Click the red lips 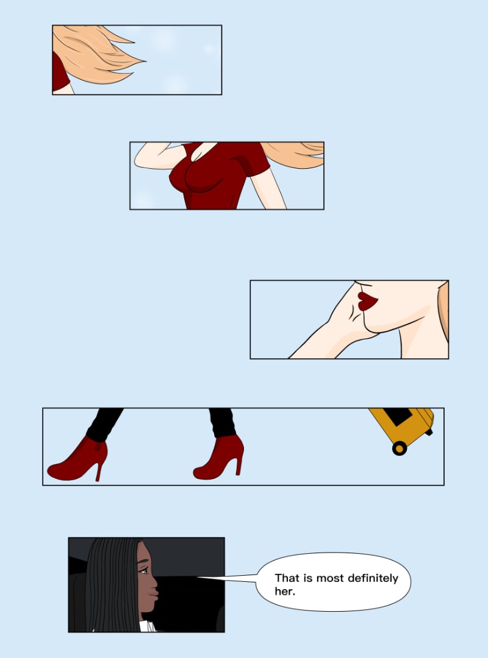[x=367, y=301]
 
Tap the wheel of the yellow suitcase [x=400, y=448]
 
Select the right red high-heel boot [x=220, y=458]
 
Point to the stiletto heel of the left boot [x=100, y=471]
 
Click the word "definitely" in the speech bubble [x=373, y=578]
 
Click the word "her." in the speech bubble [x=285, y=591]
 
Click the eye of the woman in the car [x=143, y=571]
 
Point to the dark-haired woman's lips [x=154, y=594]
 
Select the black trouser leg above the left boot [x=104, y=424]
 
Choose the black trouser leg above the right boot [x=222, y=423]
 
